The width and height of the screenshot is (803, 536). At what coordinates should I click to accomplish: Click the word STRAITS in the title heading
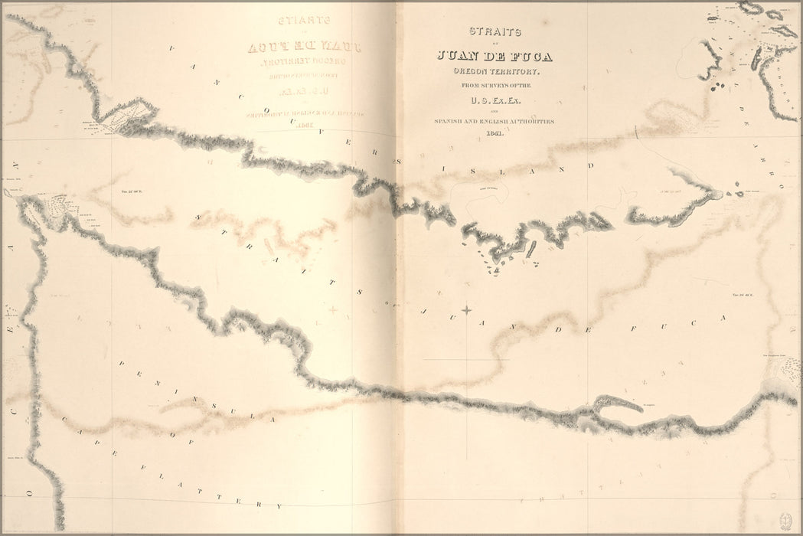coord(495,32)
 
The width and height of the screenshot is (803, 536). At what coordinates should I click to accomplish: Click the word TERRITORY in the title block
coord(514,70)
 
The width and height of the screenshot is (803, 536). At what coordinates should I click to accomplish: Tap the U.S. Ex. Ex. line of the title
coord(494,100)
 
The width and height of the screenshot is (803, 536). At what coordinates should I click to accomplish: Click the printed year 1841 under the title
coord(495,134)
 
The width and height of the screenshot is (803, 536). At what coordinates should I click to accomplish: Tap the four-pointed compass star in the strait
coord(466,309)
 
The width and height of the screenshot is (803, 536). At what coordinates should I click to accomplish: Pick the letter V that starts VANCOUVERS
coord(170,48)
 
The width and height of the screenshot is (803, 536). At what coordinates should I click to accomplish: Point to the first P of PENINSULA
coord(122,361)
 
